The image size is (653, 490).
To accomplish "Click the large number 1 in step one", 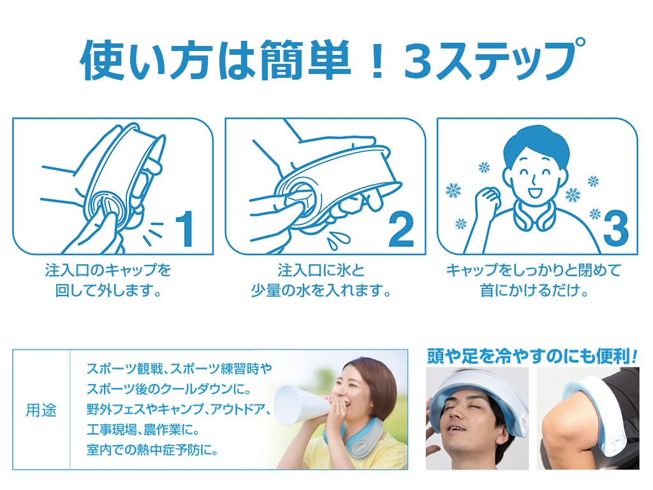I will coord(184,228).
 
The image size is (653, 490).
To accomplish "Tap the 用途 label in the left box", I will coord(41,410).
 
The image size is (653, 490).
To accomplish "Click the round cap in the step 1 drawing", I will coord(103,205).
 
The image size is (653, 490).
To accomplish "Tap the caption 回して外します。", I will coord(108,290).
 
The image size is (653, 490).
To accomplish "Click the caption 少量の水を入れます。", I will coord(319,290).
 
